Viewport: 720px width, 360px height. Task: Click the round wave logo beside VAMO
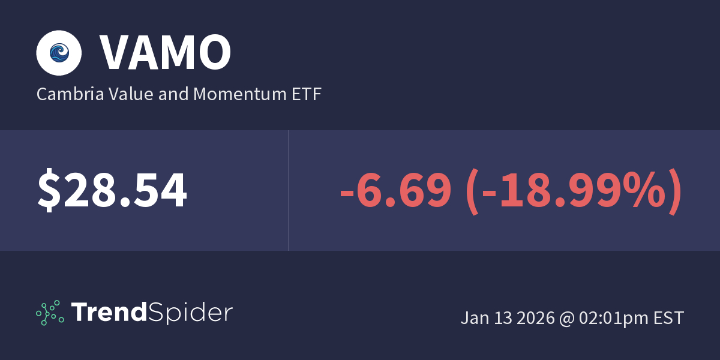58,53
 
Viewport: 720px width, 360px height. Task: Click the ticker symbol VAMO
165,53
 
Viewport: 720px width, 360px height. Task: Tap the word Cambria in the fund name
64,94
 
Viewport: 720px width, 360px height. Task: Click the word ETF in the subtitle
306,94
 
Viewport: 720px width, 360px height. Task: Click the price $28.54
112,191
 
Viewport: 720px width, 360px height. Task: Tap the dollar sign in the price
47,191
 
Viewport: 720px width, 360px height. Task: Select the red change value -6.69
395,191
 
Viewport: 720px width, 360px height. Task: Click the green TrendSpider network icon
50,313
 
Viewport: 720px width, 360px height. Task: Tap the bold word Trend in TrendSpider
109,313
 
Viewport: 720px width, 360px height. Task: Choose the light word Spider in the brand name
190,313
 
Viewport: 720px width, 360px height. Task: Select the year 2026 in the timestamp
535,318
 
